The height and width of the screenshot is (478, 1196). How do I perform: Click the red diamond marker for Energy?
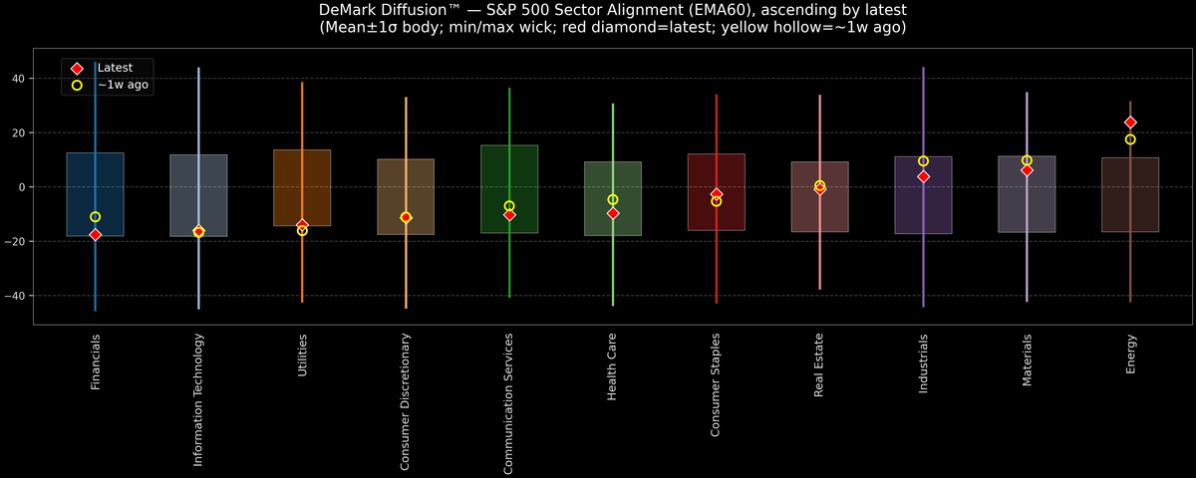click(1130, 122)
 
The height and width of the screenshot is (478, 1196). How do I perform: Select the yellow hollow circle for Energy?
click(1130, 139)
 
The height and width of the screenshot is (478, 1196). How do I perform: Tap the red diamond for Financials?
click(95, 235)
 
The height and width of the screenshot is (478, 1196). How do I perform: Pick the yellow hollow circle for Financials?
click(95, 217)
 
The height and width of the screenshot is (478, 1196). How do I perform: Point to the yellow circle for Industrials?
click(923, 161)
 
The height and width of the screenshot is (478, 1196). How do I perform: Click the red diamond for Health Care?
click(613, 213)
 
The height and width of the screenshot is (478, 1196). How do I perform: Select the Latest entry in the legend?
click(114, 68)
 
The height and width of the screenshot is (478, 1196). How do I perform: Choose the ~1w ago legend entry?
click(122, 86)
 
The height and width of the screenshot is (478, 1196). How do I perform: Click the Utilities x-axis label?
click(302, 355)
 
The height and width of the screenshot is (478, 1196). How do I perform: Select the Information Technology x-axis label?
click(198, 399)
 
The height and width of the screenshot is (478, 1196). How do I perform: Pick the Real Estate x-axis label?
click(819, 365)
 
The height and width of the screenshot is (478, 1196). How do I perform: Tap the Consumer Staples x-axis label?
click(716, 384)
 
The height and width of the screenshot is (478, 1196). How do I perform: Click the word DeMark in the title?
click(348, 10)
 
